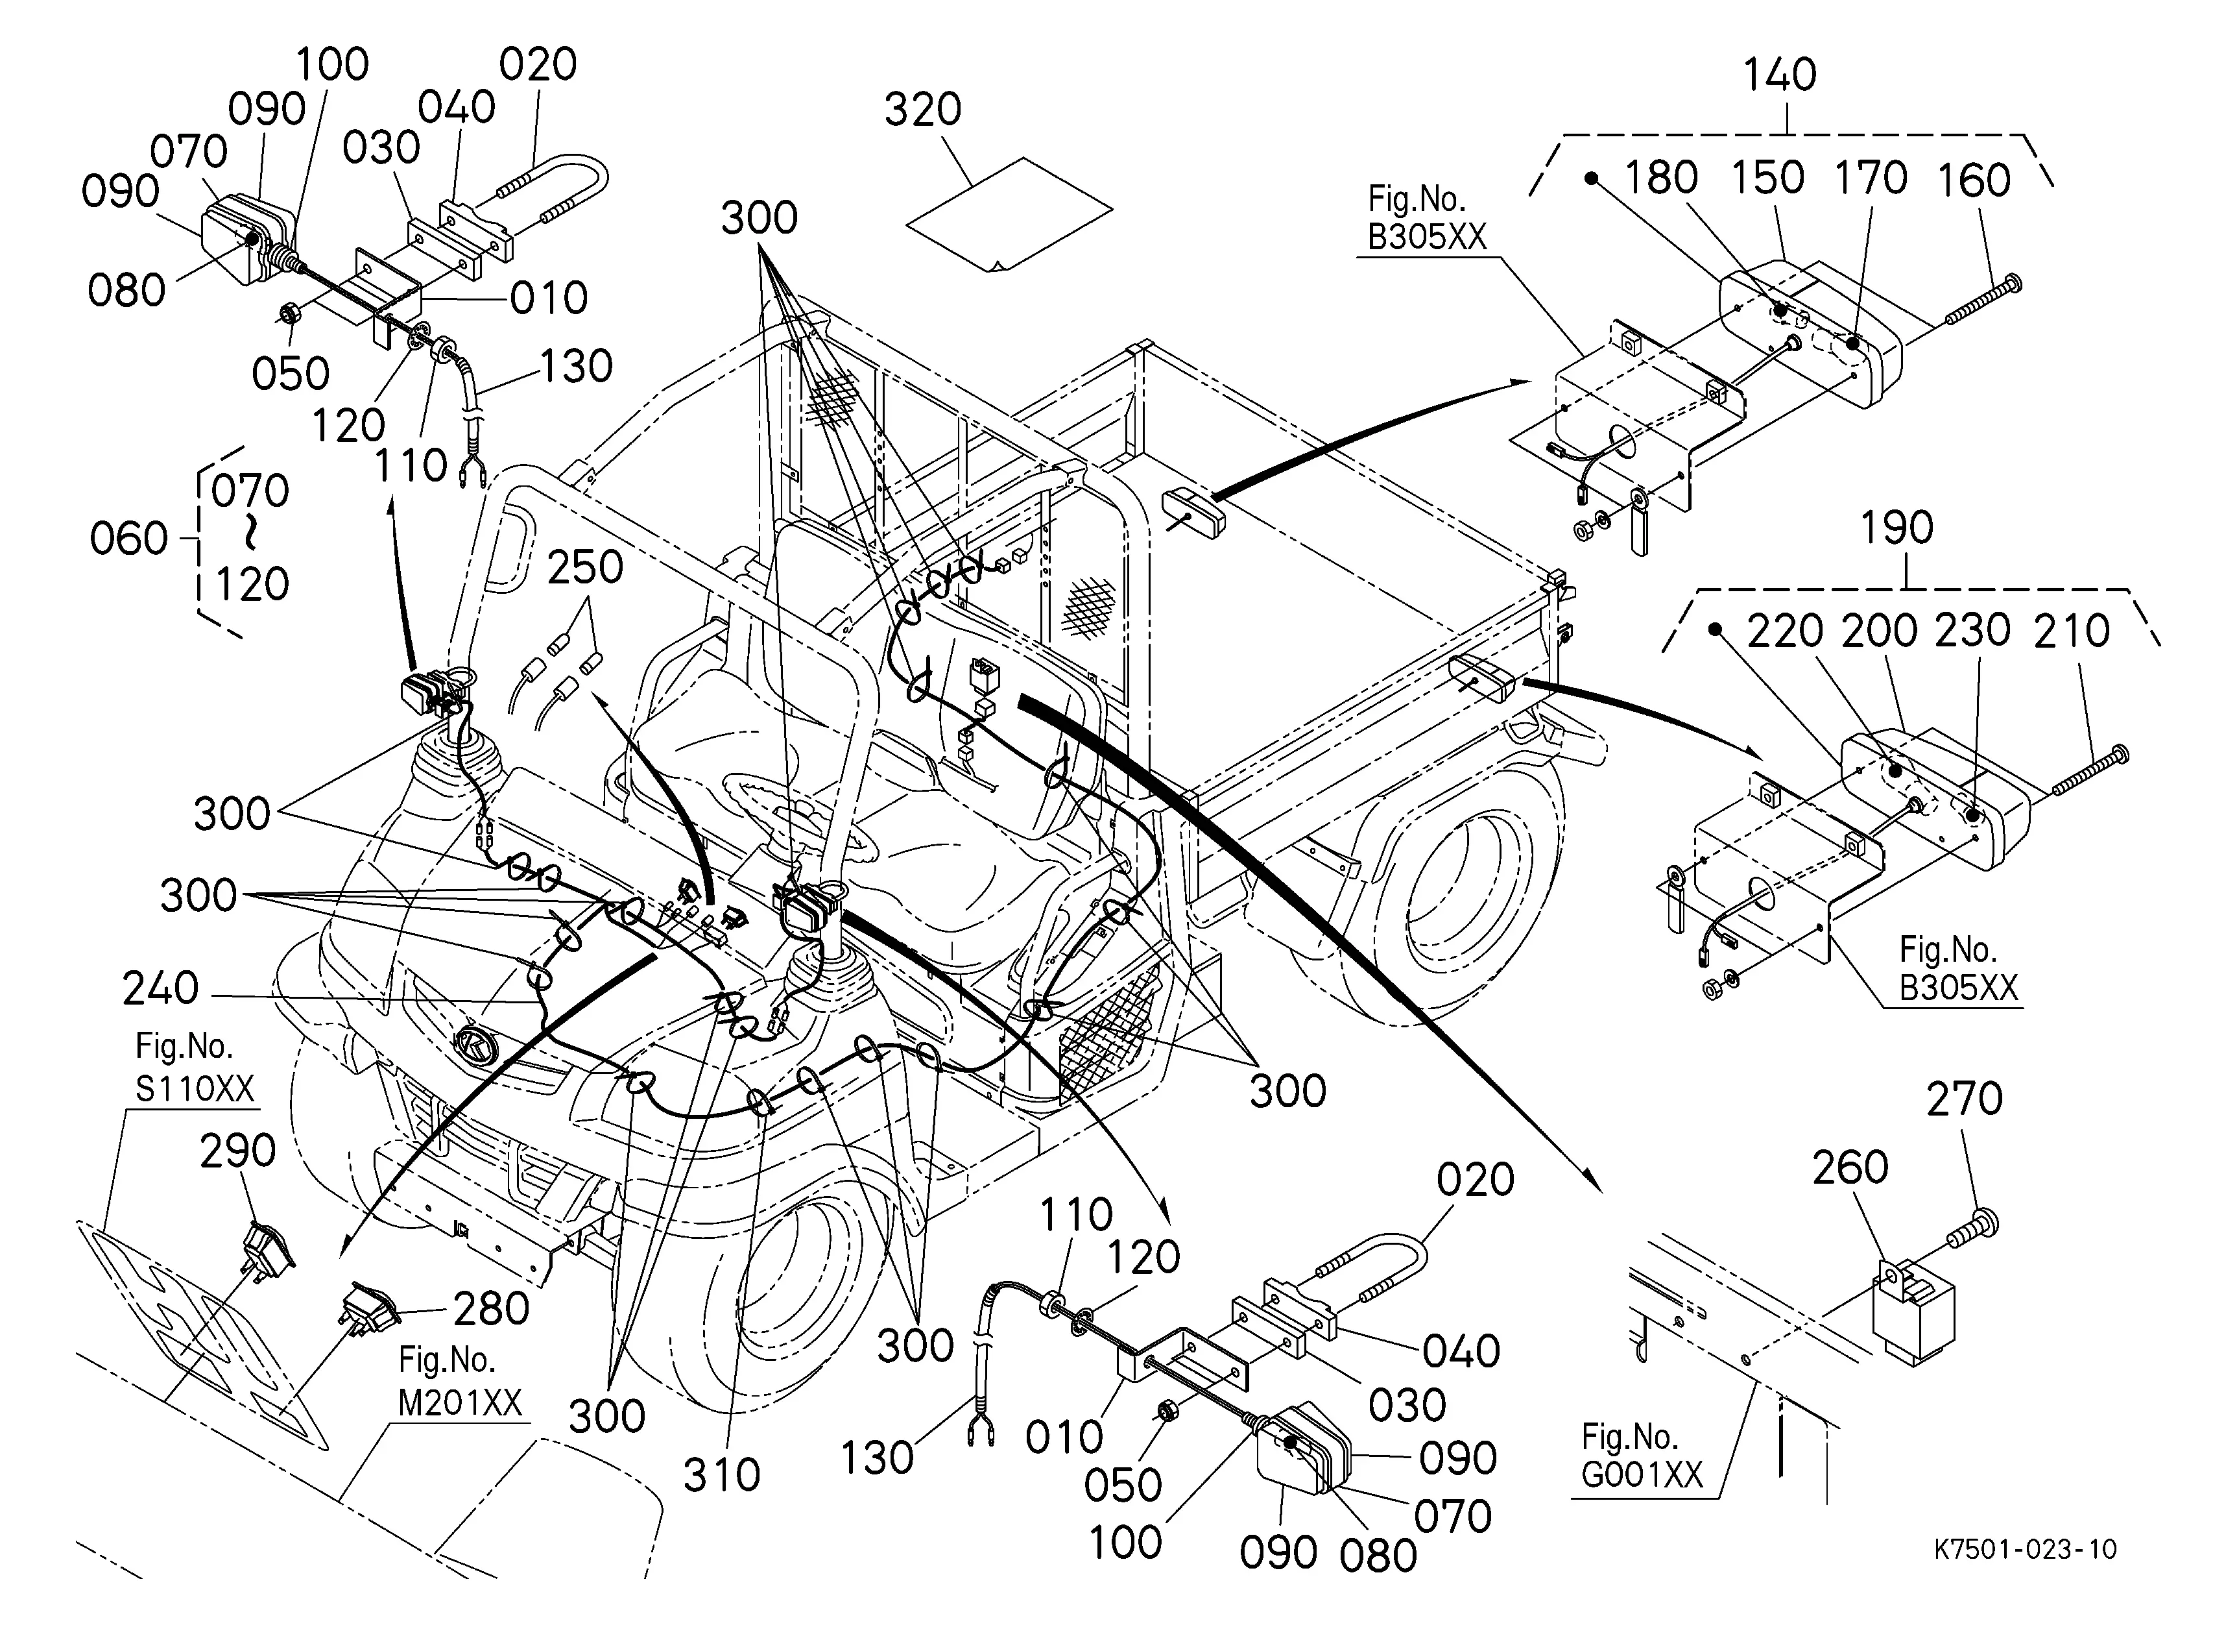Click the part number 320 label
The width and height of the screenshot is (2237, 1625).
[x=922, y=110]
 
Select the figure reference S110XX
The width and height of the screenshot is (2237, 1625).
[x=195, y=1088]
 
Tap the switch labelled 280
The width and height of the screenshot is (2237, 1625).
[x=368, y=1308]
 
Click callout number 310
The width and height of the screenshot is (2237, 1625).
[x=722, y=1475]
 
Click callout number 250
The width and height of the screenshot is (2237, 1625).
[x=585, y=567]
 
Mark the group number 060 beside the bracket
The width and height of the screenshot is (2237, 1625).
[x=128, y=539]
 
